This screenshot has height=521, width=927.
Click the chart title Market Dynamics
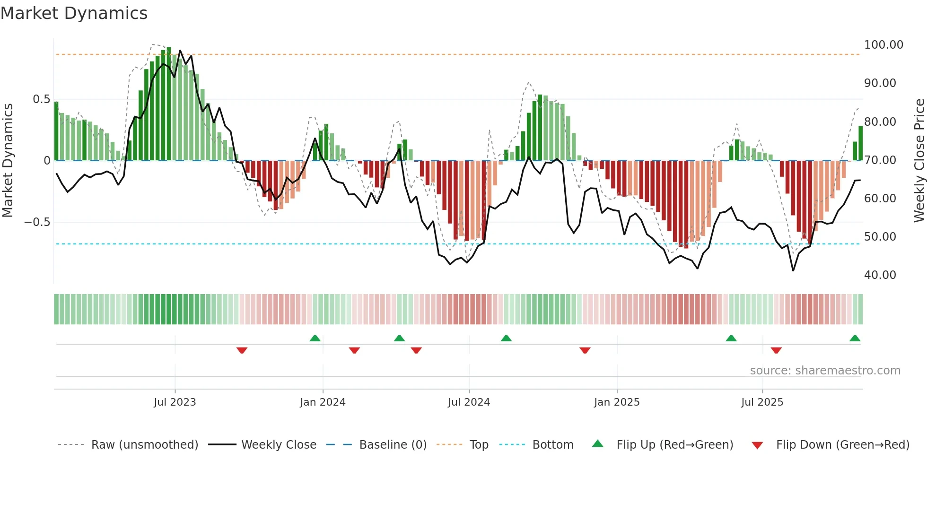[x=74, y=13]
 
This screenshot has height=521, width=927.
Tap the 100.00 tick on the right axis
[x=883, y=45]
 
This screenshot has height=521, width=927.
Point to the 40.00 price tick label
[x=880, y=275]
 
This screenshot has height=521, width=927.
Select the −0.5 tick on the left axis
[x=37, y=222]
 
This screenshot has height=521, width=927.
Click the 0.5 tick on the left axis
[x=41, y=99]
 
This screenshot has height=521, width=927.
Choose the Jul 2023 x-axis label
[x=175, y=402]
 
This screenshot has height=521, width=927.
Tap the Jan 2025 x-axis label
[x=616, y=402]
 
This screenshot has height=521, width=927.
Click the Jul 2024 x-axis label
[x=469, y=402]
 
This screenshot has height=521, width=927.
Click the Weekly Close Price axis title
[x=919, y=160]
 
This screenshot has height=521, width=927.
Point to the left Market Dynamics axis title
[x=8, y=160]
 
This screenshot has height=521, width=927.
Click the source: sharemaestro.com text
[x=825, y=371]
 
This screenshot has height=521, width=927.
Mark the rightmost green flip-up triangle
[x=855, y=339]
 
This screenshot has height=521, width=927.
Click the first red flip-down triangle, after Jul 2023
[x=242, y=350]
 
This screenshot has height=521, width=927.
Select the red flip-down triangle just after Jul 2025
[x=776, y=350]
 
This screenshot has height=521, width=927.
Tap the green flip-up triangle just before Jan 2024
[x=315, y=339]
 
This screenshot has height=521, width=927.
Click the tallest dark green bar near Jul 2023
[x=169, y=104]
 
